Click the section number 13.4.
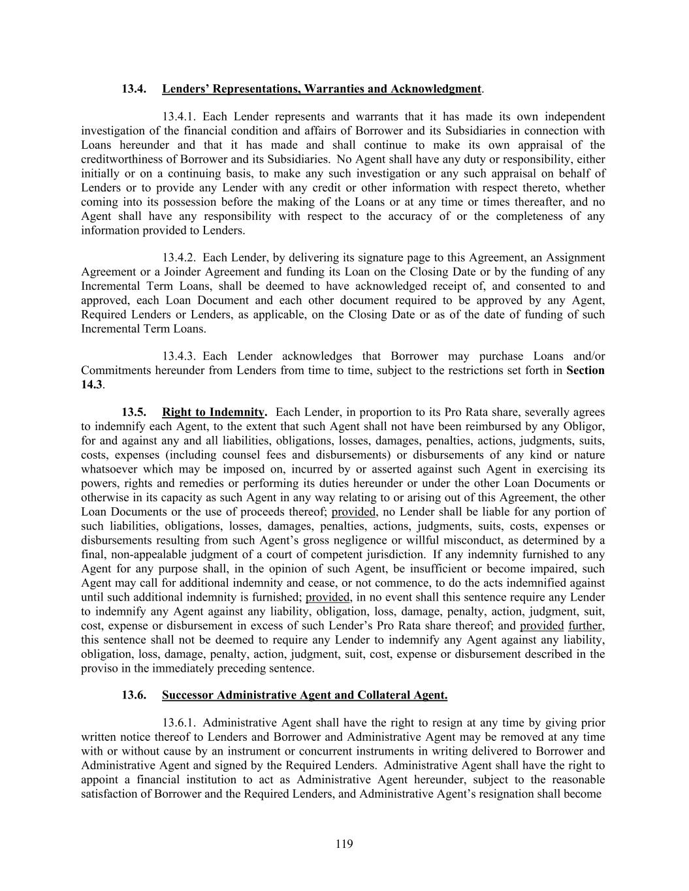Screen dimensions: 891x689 coord(134,88)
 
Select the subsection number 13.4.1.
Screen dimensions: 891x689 coord(180,117)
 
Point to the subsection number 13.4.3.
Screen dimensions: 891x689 coord(180,356)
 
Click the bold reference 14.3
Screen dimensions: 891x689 coord(92,384)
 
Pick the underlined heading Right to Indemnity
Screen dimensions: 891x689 coord(214,413)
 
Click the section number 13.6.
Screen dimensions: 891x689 coord(134,695)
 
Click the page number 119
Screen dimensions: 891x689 coord(344,844)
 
